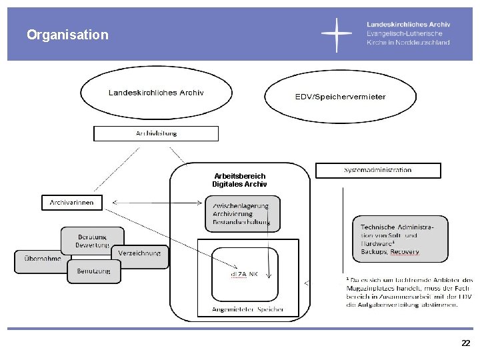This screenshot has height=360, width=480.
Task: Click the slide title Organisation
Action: pyautogui.click(x=67, y=35)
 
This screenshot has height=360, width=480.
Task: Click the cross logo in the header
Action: pyautogui.click(x=337, y=34)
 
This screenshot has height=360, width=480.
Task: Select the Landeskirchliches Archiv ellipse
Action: pyautogui.click(x=156, y=93)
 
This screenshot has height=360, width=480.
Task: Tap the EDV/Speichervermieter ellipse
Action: pyautogui.click(x=340, y=97)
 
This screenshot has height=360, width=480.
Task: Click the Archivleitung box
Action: pyautogui.click(x=156, y=133)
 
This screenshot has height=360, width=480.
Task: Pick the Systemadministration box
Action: pyautogui.click(x=377, y=170)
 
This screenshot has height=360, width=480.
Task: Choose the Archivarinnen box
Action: pyautogui.click(x=72, y=201)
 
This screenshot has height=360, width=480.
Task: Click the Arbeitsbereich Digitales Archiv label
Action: pyautogui.click(x=239, y=180)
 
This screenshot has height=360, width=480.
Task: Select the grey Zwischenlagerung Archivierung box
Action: pyautogui.click(x=241, y=213)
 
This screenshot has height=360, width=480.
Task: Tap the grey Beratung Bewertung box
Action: pyautogui.click(x=93, y=241)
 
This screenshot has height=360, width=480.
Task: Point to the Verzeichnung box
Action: pyautogui.click(x=139, y=253)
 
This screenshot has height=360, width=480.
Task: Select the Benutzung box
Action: pyautogui.click(x=94, y=271)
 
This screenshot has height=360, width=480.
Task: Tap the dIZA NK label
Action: pyautogui.click(x=239, y=273)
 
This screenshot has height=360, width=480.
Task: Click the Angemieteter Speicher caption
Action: pyautogui.click(x=238, y=309)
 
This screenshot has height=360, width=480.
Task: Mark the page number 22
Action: pyautogui.click(x=465, y=343)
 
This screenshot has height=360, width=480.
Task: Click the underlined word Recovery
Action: pyautogui.click(x=405, y=252)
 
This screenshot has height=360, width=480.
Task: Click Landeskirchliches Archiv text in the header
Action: pyautogui.click(x=408, y=24)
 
